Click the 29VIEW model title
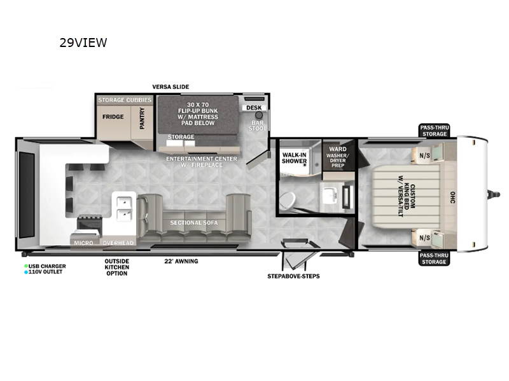83,43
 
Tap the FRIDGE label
114,116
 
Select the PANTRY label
141,118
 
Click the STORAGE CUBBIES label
125,100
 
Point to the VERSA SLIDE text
170,87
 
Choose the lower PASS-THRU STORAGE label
434,258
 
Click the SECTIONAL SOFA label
193,223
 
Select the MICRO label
83,243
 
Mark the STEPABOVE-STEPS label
293,276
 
